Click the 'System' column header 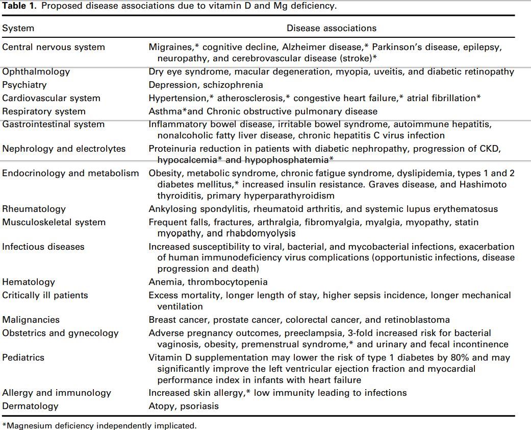(18, 29)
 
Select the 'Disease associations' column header (331, 29)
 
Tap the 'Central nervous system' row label (54, 47)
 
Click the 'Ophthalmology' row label (36, 71)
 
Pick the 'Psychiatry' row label (24, 85)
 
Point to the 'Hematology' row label (29, 282)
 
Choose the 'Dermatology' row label (30, 406)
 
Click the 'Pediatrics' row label (23, 357)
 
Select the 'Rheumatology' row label (34, 209)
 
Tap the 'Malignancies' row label (31, 320)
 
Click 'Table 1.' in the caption (18, 6)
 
